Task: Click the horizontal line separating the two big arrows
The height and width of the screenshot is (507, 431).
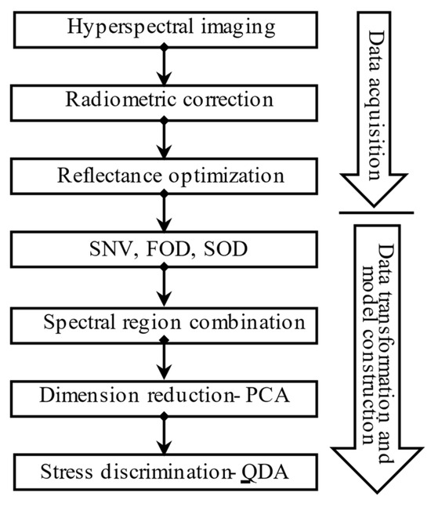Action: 376,212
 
